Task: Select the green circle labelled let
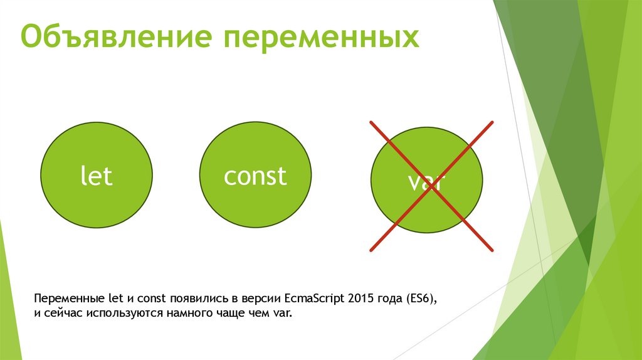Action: coord(97,176)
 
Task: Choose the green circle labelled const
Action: coord(255,176)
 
